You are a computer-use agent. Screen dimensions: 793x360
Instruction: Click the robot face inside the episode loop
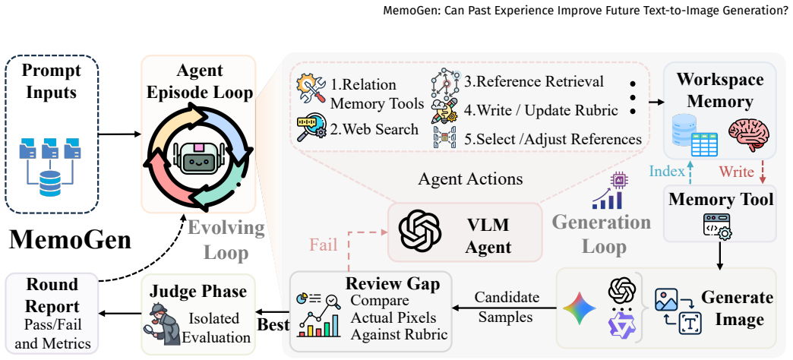click(197, 158)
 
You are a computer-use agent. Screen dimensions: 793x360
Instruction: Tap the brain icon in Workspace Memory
click(748, 134)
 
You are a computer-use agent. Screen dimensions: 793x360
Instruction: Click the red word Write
click(736, 172)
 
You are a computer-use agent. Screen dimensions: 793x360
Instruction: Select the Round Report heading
click(52, 295)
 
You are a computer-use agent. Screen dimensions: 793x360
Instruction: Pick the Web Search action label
click(374, 129)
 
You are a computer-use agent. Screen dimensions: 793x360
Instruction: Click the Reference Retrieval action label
click(534, 81)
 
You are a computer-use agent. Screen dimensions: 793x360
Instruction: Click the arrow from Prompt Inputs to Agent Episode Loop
click(119, 134)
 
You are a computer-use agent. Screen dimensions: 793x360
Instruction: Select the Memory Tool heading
click(721, 199)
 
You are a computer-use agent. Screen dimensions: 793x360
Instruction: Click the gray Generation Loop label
click(601, 234)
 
